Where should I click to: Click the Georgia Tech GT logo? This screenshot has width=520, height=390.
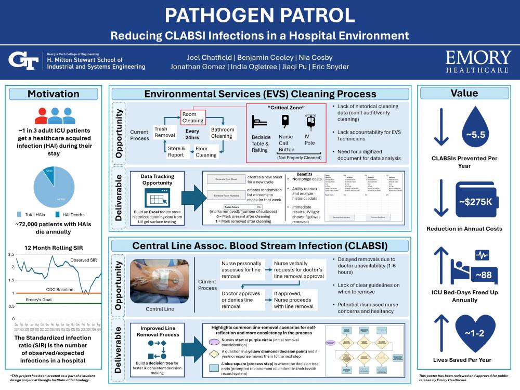pyautogui.click(x=23, y=61)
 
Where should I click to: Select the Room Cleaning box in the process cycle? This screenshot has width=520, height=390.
pyautogui.click(x=193, y=117)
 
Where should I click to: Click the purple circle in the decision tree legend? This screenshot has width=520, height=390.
pyautogui.click(x=214, y=342)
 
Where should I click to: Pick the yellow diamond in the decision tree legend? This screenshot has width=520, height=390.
pyautogui.click(x=214, y=354)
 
